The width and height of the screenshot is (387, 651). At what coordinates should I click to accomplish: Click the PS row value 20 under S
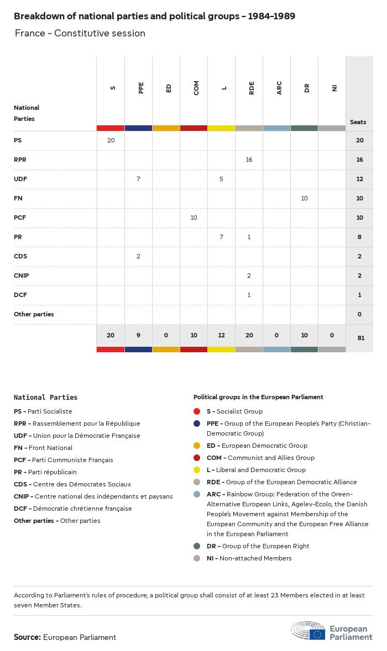pos(111,140)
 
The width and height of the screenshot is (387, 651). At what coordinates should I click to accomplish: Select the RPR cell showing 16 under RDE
pos(249,160)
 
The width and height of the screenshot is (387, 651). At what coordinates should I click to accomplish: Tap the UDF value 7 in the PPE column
pos(138,179)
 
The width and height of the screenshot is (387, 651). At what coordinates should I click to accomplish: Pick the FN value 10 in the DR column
pos(304,198)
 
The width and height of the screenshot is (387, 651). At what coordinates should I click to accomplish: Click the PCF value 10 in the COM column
pos(193,218)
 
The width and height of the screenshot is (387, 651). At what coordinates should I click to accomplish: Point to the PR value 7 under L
pos(221,237)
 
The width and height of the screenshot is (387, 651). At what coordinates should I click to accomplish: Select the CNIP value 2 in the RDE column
pos(249,276)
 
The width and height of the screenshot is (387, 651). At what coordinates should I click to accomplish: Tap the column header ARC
pos(279,88)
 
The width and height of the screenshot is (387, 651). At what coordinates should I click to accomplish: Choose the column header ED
pos(169,88)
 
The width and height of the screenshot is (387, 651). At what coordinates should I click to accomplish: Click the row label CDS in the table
pos(20,256)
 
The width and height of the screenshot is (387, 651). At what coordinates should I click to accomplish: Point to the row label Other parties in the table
pos(34,314)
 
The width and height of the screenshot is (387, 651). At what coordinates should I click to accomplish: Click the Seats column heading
pos(358,122)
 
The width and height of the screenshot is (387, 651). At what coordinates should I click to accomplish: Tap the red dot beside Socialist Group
pos(197,411)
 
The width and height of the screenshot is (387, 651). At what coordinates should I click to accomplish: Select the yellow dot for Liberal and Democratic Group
pos(197,470)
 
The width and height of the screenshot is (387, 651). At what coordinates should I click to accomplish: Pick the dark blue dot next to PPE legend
pos(197,424)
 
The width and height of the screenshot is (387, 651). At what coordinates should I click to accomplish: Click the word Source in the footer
pos(27,637)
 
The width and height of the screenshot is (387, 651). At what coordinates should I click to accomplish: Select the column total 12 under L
pos(221,336)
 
